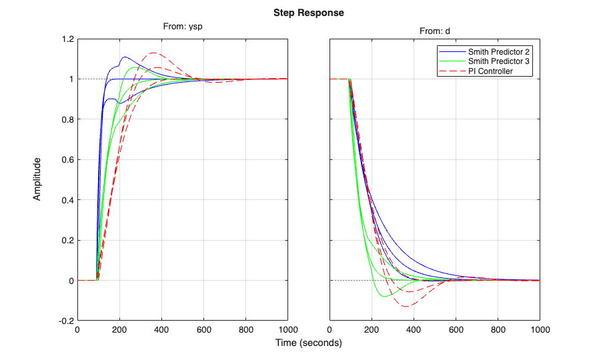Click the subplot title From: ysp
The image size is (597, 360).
click(x=182, y=27)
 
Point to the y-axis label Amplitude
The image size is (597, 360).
click(x=38, y=179)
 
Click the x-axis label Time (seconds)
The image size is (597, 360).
click(x=309, y=343)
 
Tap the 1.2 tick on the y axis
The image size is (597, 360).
click(x=65, y=39)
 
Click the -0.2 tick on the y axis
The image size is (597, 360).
click(x=64, y=321)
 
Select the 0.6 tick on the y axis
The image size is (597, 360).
click(x=65, y=160)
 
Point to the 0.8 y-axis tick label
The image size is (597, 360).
click(x=65, y=120)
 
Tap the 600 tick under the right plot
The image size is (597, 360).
click(x=456, y=329)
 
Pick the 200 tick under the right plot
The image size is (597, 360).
click(x=372, y=329)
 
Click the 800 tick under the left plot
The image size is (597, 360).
click(x=246, y=329)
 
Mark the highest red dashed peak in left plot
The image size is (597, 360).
click(x=154, y=53)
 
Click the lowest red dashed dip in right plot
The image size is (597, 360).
click(x=407, y=306)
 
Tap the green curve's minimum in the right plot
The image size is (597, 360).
click(x=385, y=296)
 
